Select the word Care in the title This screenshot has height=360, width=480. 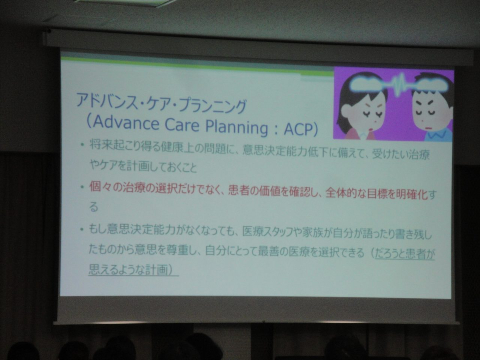click(x=183, y=125)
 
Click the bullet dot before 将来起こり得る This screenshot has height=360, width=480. click(x=82, y=145)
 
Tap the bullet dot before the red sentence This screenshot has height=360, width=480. click(x=82, y=187)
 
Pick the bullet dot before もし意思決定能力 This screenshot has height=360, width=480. click(x=82, y=229)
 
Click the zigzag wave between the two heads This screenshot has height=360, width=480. click(x=398, y=84)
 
